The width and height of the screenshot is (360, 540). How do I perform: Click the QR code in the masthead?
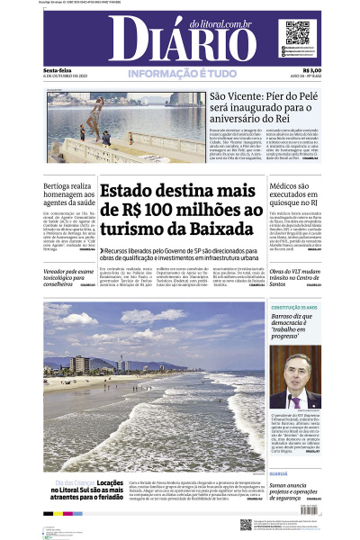pyautogui.click(x=297, y=33)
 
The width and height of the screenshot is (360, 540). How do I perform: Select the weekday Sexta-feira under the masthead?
pyautogui.click(x=58, y=71)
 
